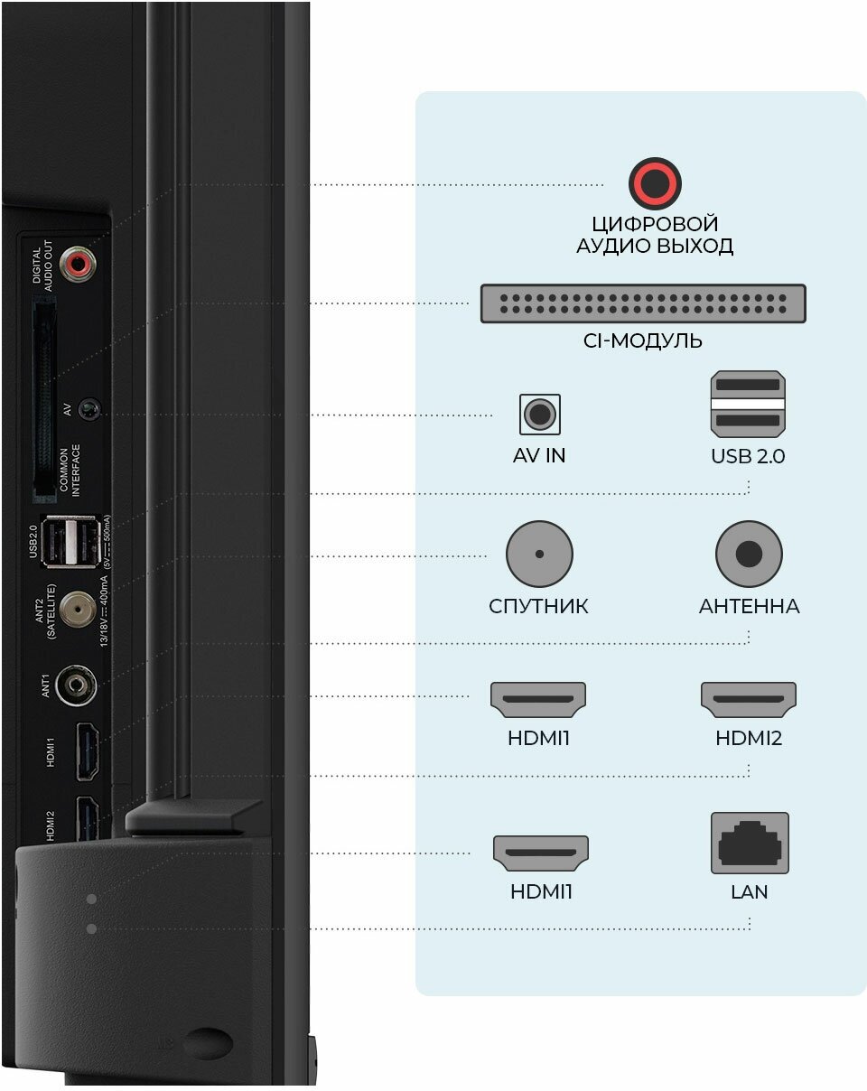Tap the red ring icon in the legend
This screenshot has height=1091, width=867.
pyautogui.click(x=654, y=184)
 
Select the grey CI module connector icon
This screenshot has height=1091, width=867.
pyautogui.click(x=642, y=303)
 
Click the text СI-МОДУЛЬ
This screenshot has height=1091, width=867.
pyautogui.click(x=642, y=341)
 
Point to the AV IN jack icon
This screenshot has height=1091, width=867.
pyautogui.click(x=539, y=415)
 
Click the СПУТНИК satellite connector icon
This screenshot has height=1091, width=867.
pyautogui.click(x=539, y=554)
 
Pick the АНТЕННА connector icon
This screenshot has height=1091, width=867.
pyautogui.click(x=749, y=554)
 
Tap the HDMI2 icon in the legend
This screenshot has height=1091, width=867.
pyautogui.click(x=749, y=699)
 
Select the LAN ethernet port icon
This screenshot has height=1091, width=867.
pyautogui.click(x=750, y=843)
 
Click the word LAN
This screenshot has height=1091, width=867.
pyautogui.click(x=750, y=892)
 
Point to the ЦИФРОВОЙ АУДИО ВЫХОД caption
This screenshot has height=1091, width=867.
pyautogui.click(x=654, y=235)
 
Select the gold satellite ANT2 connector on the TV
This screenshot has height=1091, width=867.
pyautogui.click(x=76, y=610)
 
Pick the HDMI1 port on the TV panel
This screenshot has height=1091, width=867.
pyautogui.click(x=87, y=751)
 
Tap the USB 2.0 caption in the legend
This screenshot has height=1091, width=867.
pyautogui.click(x=748, y=456)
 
